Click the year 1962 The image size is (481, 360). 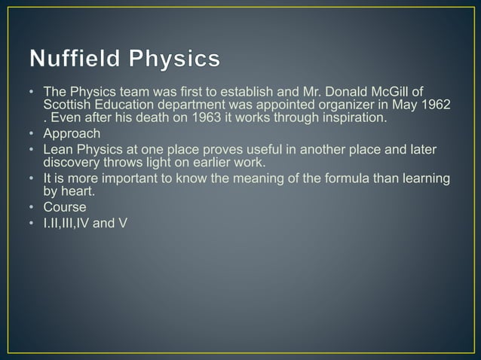coord(437,105)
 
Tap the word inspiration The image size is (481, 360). coord(348,118)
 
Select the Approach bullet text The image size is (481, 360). coord(72,133)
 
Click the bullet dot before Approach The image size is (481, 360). coord(32,134)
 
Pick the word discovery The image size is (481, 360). coord(72,162)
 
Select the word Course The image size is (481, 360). coord(65,207)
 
